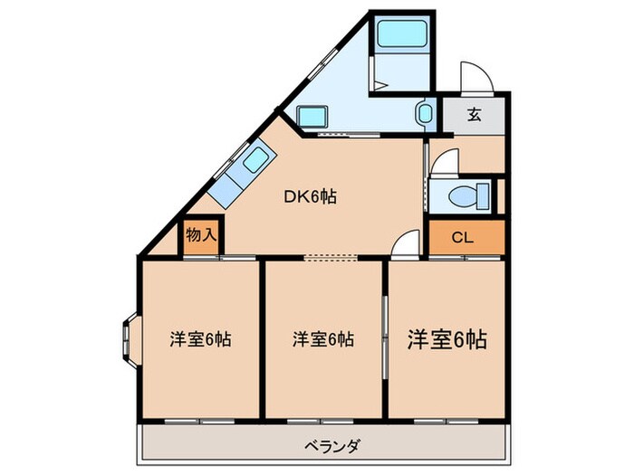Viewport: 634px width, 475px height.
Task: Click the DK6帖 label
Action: pyautogui.click(x=312, y=195)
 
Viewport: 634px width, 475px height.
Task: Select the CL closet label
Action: pyautogui.click(x=462, y=239)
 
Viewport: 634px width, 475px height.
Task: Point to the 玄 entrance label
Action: pyautogui.click(x=474, y=115)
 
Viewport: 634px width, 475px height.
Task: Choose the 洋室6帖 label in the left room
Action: pyautogui.click(x=200, y=339)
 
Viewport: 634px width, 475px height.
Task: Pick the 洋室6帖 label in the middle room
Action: pyautogui.click(x=322, y=339)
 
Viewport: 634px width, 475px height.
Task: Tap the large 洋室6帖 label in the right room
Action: pyautogui.click(x=447, y=339)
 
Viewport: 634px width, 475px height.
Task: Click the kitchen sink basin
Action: pyautogui.click(x=256, y=161)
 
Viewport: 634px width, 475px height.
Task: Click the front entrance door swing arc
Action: pyautogui.click(x=474, y=77)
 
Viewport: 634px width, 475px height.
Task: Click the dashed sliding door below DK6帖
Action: pyautogui.click(x=331, y=258)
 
